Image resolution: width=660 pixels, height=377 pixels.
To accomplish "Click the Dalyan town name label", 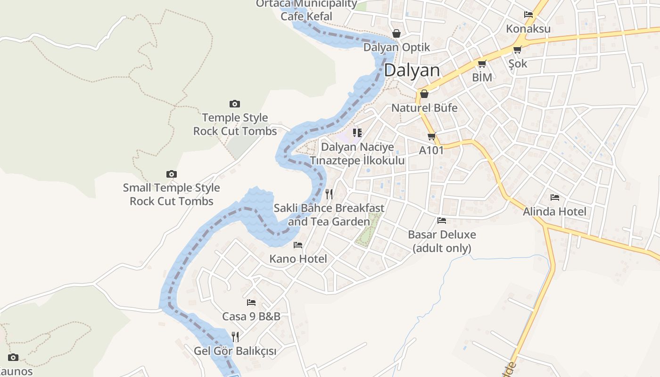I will tap(412, 71).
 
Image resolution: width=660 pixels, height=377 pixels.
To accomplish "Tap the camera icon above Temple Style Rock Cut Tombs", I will tap(234, 104).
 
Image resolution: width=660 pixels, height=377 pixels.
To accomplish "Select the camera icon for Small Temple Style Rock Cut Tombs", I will tap(172, 174).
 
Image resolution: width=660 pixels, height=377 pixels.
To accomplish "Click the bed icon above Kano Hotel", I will tap(298, 245).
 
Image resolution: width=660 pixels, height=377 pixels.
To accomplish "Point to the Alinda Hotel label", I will tap(554, 212).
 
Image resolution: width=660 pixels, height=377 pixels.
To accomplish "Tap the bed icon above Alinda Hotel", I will tap(554, 197).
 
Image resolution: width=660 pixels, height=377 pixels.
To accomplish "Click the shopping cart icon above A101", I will tap(431, 137).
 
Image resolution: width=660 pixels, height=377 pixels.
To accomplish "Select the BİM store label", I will tap(482, 77).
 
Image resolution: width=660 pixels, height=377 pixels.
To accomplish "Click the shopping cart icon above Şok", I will tap(517, 49).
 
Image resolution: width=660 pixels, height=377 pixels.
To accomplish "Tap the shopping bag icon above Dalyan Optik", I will tap(396, 33).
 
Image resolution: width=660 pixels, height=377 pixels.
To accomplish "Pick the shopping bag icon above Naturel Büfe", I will tap(424, 94).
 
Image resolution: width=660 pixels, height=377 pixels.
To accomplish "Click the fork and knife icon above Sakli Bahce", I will tap(329, 194).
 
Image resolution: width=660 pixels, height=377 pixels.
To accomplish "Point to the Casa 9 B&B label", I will tap(251, 316).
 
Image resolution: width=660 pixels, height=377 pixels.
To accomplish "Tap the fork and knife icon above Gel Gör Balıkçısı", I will tap(235, 336).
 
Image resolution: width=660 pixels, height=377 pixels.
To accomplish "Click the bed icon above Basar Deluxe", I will tap(442, 220).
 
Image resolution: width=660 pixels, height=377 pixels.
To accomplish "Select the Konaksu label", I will tap(528, 29).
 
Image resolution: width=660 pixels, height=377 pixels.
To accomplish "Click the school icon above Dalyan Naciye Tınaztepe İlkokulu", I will tap(357, 133).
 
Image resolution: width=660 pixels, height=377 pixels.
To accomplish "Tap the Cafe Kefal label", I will tap(306, 16).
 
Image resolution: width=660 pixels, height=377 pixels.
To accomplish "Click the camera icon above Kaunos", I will tap(13, 357).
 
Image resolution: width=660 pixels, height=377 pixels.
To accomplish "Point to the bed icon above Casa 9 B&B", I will tap(251, 302).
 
